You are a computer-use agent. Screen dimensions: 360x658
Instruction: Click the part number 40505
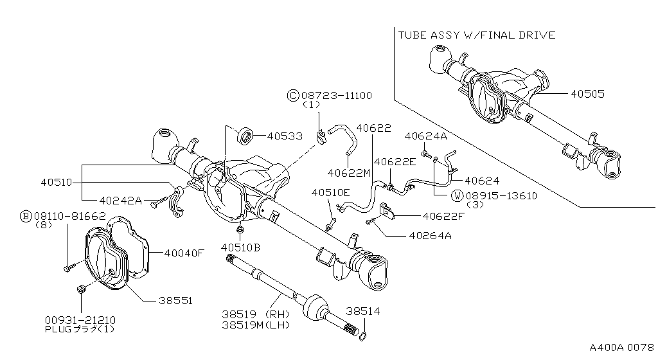tap(587, 94)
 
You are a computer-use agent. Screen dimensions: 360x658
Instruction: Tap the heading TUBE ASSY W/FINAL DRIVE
tap(476, 35)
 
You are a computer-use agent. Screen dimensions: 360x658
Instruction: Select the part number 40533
tap(285, 136)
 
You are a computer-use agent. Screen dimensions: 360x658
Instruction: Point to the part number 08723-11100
tap(335, 95)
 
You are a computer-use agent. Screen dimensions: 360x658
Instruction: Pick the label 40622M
tap(348, 173)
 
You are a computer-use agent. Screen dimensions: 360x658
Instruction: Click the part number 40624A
tap(425, 136)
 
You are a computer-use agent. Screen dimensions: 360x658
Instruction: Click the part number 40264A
tap(429, 235)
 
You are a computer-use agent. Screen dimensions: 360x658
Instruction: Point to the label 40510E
tap(331, 192)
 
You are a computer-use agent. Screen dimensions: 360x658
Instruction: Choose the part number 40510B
tap(241, 247)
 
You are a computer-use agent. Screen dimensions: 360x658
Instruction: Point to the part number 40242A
tap(121, 199)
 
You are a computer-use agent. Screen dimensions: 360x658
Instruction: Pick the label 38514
tap(363, 312)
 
